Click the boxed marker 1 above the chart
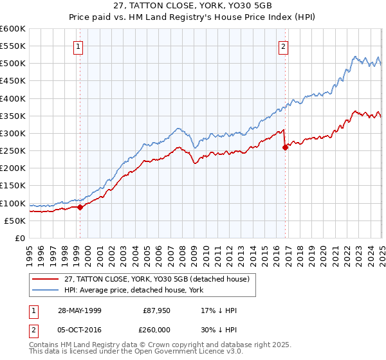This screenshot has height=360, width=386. click(78, 46)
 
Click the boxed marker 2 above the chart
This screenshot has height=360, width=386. click(283, 46)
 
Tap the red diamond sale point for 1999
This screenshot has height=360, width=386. click(80, 207)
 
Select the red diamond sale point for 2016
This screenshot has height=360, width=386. click(285, 147)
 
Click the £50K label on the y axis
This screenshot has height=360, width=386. click(15, 221)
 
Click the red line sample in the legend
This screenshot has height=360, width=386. click(46, 278)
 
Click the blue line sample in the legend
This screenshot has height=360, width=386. click(46, 290)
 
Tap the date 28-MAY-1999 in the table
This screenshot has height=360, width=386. click(78, 310)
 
